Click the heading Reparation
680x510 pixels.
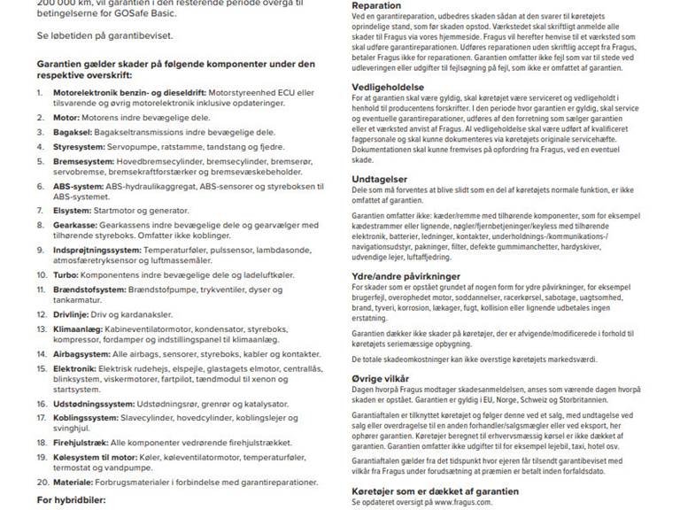click(377, 5)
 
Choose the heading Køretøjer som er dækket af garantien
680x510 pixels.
click(429, 489)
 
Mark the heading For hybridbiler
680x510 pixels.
click(70, 500)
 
